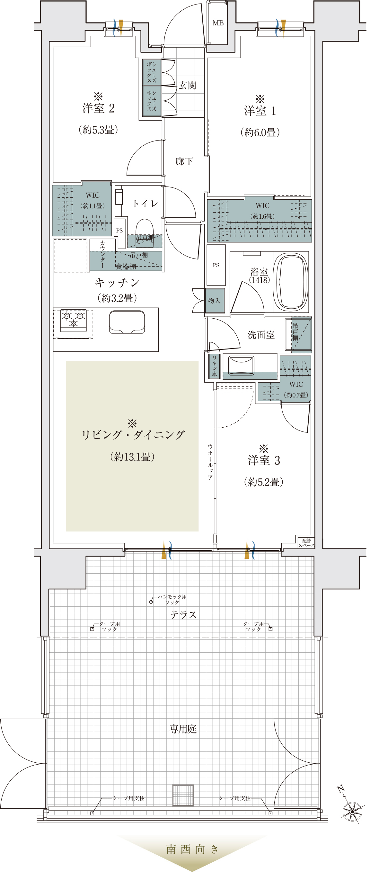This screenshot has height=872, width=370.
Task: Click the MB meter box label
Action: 218,23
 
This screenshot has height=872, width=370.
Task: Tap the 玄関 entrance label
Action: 187,85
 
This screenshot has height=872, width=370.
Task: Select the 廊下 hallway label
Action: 184,161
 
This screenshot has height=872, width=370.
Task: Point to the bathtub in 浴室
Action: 291,282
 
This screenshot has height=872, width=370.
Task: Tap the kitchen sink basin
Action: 127,322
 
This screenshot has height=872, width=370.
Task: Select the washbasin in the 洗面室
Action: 241,365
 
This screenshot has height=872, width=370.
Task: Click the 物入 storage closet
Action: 215,301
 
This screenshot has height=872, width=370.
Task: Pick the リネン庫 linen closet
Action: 214,366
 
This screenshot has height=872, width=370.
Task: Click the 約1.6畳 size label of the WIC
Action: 262,216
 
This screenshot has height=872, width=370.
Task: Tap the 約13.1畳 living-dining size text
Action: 132,457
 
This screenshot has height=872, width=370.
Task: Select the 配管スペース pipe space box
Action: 306,542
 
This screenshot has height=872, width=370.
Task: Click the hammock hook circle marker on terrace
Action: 151,602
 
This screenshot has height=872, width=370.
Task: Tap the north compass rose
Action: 352,811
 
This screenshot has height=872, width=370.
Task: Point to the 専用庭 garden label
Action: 183,729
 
